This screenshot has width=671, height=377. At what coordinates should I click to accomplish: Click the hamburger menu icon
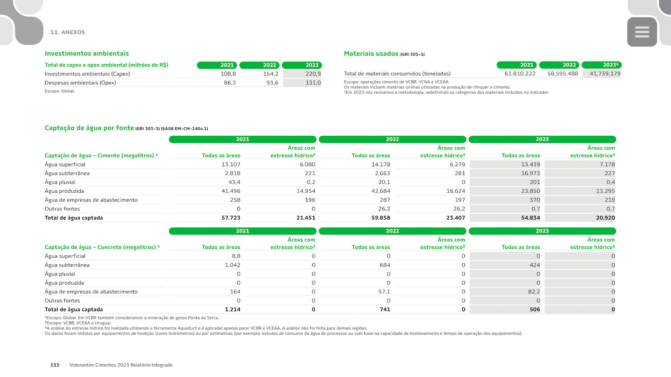[642, 32]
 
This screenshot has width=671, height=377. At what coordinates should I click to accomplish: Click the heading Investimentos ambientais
[87, 54]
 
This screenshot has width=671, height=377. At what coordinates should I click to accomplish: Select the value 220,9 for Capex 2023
[313, 74]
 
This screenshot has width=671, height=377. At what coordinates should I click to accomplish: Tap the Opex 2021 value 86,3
[230, 83]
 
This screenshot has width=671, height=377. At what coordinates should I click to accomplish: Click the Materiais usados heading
[371, 54]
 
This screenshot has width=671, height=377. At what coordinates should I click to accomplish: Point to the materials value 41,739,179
[605, 74]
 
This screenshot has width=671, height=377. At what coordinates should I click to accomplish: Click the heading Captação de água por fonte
[89, 128]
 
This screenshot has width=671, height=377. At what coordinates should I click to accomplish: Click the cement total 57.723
[231, 218]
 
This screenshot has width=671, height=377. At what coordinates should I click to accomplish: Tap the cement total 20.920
[605, 218]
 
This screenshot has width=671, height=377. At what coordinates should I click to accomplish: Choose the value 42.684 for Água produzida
[381, 191]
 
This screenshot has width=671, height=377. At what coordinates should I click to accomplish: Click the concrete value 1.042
[232, 265]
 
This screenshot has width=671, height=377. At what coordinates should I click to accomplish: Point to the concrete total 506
[535, 310]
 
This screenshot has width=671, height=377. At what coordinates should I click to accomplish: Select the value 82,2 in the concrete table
[534, 292]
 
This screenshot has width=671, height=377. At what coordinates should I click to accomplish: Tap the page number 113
[55, 365]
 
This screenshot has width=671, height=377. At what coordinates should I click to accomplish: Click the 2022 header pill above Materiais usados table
[559, 65]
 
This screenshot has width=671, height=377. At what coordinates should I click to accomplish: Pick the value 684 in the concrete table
[385, 265]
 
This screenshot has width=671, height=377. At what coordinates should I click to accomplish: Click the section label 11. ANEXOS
[67, 32]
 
